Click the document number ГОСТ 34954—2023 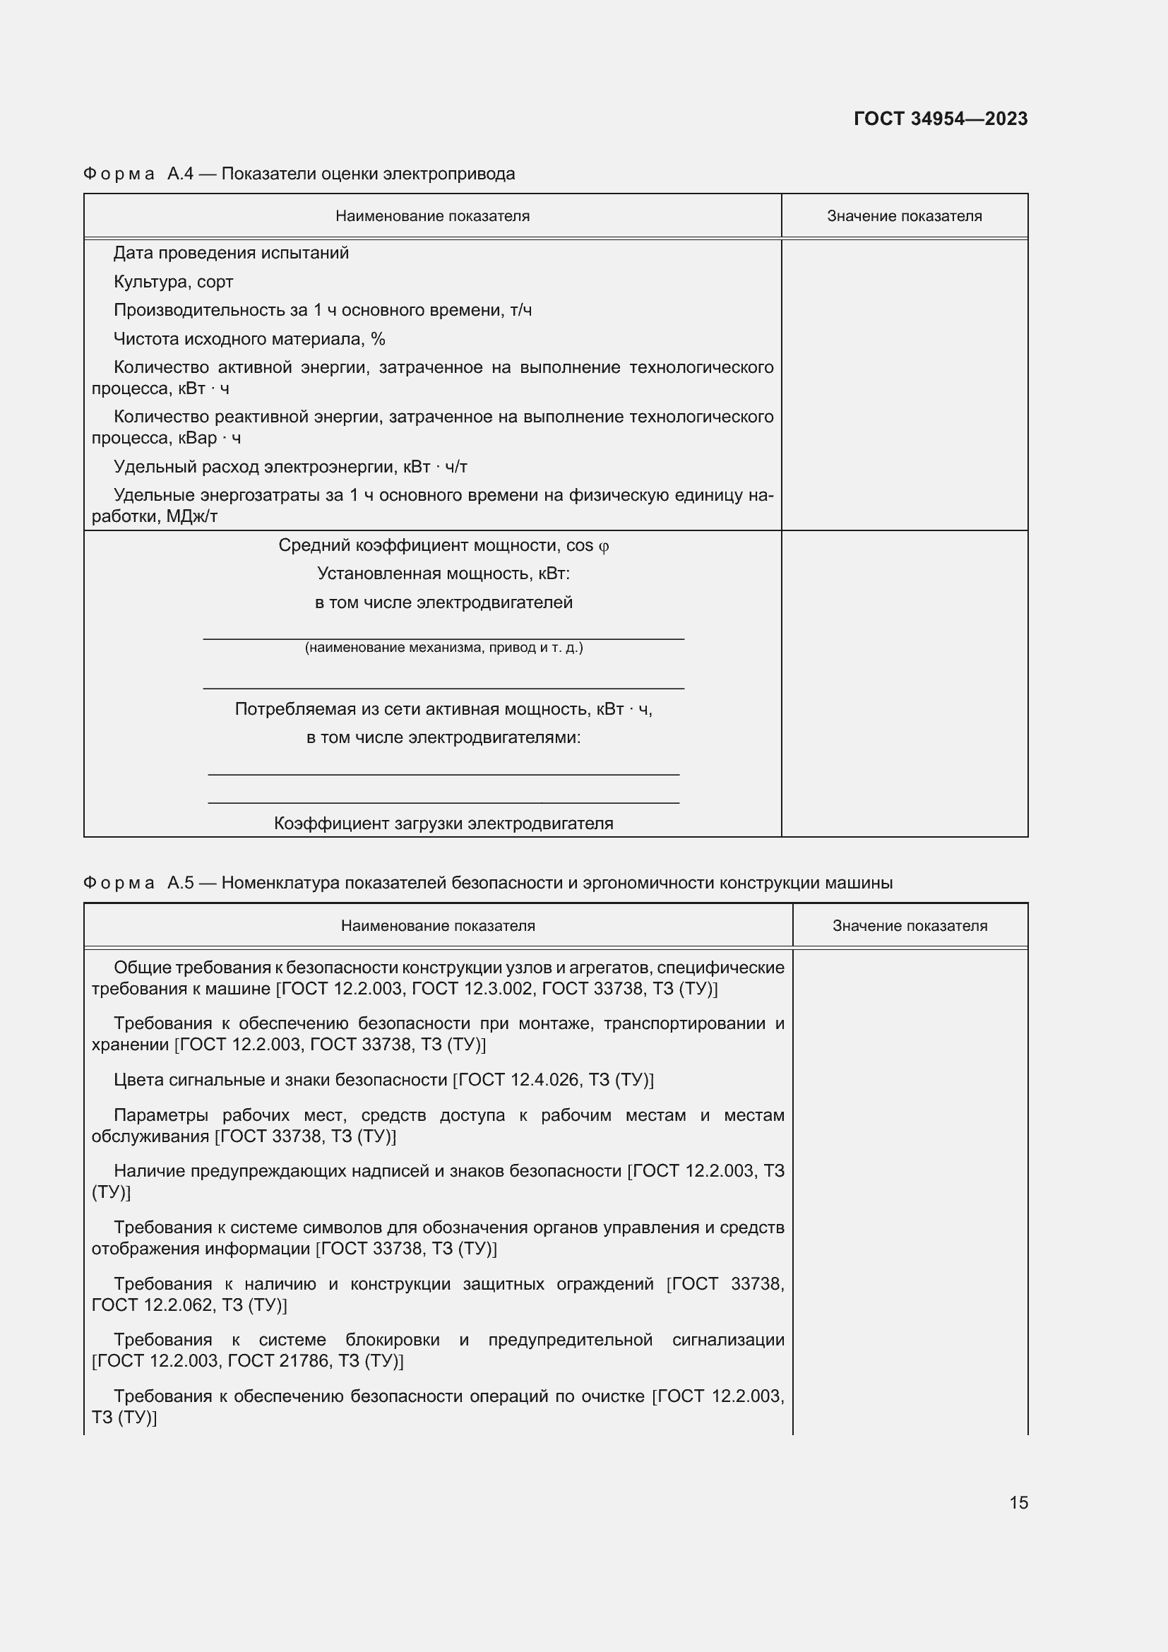[940, 119]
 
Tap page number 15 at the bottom [1018, 1502]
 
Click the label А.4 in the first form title [180, 174]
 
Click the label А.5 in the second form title [181, 883]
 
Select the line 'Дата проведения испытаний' [231, 254]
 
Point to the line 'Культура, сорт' [173, 282]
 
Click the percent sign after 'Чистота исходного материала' [379, 339]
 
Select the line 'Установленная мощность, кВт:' [443, 574]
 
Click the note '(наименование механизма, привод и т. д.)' [443, 648]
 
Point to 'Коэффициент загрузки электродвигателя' [443, 824]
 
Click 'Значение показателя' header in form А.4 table [904, 217]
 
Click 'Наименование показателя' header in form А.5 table [437, 926]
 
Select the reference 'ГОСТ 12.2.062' [152, 1305]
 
